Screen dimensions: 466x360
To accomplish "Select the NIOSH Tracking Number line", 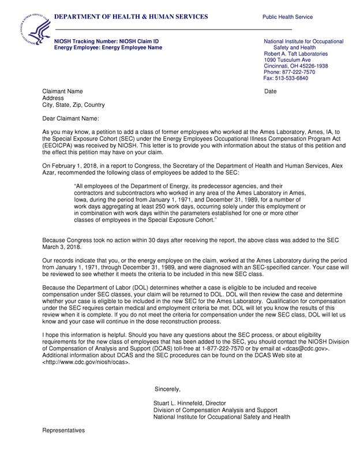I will tap(106, 42).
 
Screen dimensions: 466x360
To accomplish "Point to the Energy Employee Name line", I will tap(108, 48).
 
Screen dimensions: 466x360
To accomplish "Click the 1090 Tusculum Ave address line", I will tap(287, 60).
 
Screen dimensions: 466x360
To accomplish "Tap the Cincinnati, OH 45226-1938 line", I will tap(296, 66).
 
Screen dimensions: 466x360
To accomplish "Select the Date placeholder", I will tap(271, 92).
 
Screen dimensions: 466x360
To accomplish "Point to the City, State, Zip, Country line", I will tap(74, 106).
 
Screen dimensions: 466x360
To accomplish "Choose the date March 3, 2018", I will tap(62, 247).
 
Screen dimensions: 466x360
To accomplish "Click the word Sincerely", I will tap(168, 389).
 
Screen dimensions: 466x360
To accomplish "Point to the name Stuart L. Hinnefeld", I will tap(182, 402).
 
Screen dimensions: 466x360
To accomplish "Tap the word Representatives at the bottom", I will tap(63, 431).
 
